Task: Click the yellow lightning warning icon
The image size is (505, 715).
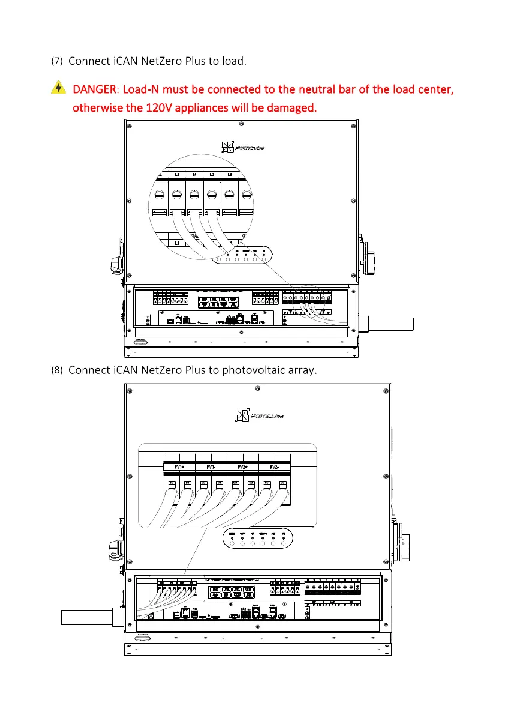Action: (x=58, y=88)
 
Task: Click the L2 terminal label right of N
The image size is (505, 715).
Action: (x=212, y=175)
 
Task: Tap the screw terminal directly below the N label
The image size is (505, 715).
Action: (x=194, y=194)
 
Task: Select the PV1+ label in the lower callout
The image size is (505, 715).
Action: (x=179, y=466)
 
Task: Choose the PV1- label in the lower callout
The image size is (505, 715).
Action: (x=211, y=466)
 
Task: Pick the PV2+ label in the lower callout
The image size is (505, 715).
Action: (x=243, y=466)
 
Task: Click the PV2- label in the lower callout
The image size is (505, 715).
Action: (x=275, y=466)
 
